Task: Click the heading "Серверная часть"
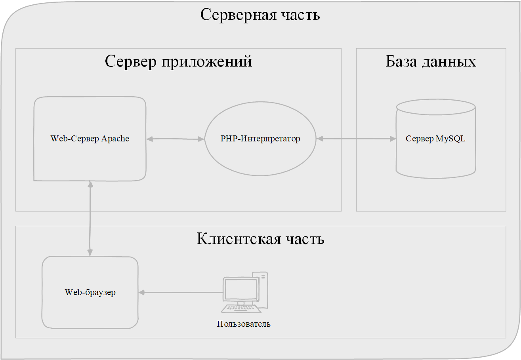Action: [260, 15]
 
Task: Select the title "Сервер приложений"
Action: [178, 62]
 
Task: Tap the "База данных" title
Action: [431, 62]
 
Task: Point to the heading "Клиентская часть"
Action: [260, 239]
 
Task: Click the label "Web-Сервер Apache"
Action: [90, 139]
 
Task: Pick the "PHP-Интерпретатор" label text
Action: [260, 139]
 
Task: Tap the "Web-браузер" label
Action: [90, 293]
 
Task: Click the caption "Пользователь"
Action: [244, 324]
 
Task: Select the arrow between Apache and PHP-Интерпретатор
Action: [175, 139]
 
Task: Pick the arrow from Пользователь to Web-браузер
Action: [181, 293]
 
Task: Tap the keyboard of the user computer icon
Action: [241, 309]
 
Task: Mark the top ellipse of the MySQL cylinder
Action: [435, 107]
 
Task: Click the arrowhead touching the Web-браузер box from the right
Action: [141, 293]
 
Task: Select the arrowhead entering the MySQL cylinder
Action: [393, 139]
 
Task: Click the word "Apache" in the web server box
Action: [115, 139]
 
